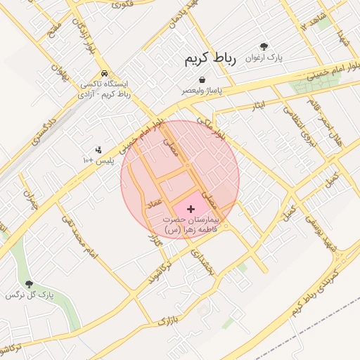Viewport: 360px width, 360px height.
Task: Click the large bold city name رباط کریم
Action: pos(212,58)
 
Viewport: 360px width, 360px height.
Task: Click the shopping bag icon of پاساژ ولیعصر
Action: pos(202,79)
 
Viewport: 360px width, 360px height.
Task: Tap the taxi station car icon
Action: pos(104,73)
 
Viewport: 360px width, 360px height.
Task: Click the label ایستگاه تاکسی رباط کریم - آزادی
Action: pos(105,88)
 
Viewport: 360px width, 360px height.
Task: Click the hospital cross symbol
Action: pos(191,209)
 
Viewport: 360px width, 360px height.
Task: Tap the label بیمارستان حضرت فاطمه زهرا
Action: pos(190,225)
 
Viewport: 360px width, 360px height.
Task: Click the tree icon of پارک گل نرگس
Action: pos(29,284)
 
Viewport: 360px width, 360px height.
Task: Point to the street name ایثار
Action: pos(259,105)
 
